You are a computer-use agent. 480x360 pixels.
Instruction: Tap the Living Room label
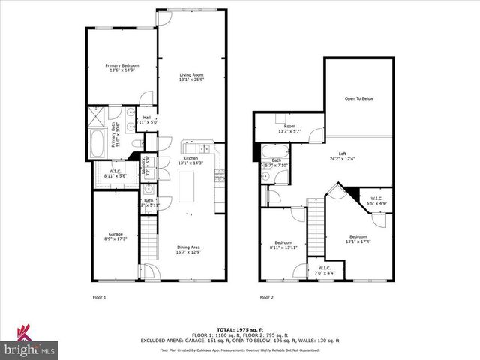(191, 76)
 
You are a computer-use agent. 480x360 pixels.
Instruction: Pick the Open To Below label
(358, 98)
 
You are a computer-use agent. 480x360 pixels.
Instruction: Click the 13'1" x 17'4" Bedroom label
(358, 238)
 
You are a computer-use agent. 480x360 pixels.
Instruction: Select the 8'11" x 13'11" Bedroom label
(283, 245)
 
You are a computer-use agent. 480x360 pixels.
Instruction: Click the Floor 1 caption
(99, 298)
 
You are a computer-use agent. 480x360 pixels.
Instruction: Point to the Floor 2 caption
(267, 298)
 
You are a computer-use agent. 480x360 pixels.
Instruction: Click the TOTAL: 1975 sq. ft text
(239, 329)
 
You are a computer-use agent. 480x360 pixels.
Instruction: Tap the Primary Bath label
(115, 135)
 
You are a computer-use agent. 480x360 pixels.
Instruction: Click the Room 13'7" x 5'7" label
(289, 129)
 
